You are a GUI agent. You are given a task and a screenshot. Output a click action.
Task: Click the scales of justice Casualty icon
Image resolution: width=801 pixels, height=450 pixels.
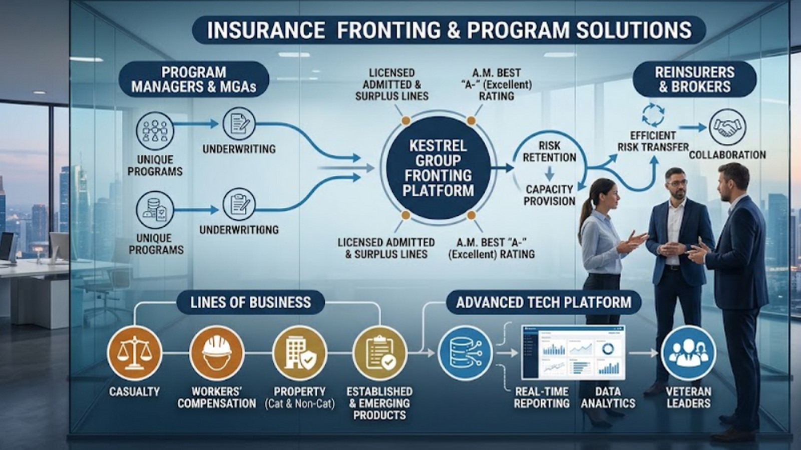[x=135, y=353]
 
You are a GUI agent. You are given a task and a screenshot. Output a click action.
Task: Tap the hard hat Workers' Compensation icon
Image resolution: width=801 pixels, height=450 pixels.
[x=217, y=353]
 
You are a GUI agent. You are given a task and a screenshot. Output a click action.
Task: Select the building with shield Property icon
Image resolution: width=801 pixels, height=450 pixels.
[x=300, y=353]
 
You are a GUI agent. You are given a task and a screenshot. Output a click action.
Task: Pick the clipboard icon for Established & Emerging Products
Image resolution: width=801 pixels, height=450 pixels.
[x=380, y=353]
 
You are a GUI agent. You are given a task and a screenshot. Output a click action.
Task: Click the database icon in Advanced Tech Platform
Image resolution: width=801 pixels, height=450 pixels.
[x=465, y=353]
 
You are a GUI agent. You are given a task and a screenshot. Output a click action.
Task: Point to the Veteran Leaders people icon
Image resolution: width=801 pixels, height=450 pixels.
[x=688, y=353]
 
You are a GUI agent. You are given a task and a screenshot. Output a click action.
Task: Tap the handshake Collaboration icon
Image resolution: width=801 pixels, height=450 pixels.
[x=727, y=127]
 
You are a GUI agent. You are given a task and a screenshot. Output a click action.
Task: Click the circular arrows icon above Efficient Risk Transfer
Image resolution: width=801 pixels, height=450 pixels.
[x=653, y=115]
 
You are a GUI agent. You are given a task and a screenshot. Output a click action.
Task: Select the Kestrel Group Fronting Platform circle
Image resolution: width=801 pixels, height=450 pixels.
[x=439, y=168]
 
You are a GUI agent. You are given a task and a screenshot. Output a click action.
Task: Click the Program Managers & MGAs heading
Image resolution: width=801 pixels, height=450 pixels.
[x=194, y=79]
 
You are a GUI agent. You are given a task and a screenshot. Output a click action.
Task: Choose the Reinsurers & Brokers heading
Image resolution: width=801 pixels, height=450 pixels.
[x=694, y=79]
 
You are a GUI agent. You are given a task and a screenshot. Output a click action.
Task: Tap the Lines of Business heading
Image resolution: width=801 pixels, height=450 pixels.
[x=250, y=302]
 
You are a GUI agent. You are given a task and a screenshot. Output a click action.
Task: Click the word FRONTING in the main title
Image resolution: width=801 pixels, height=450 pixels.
[x=388, y=30]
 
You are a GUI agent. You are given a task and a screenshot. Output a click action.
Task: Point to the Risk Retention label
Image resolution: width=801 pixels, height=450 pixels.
[x=550, y=151]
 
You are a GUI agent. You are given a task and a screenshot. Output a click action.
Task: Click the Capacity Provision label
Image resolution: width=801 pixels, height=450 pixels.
[x=550, y=194]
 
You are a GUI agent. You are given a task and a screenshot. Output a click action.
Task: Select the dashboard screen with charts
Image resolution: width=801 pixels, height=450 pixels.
[x=573, y=352]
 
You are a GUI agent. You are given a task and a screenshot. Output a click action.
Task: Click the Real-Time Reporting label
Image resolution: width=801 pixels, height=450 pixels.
[x=542, y=397]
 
